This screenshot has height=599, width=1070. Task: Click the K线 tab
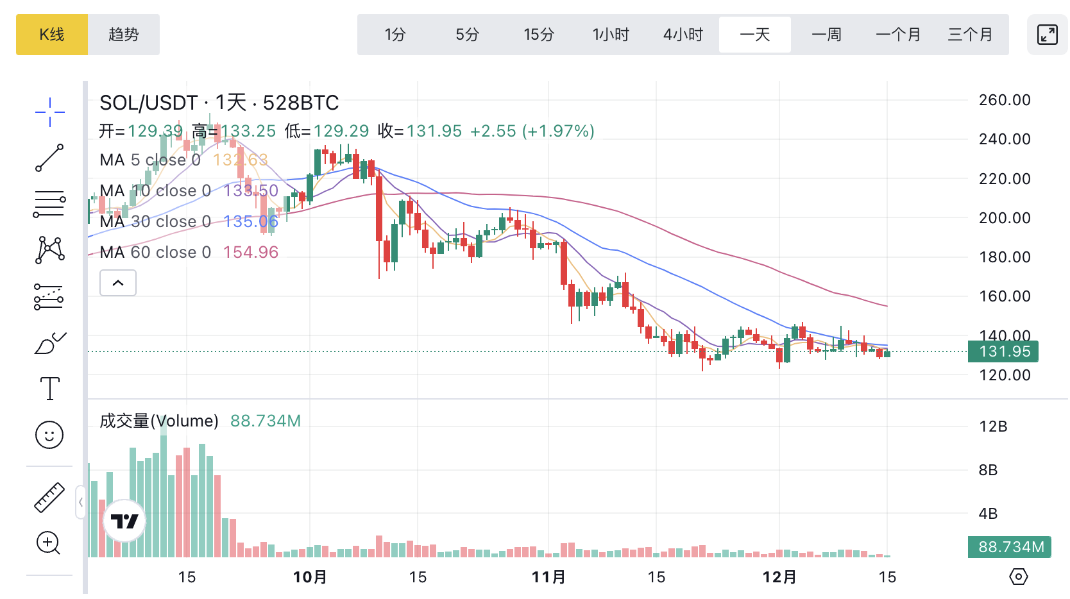[52, 35]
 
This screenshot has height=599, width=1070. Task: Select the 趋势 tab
[124, 35]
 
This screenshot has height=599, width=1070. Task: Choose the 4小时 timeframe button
[683, 35]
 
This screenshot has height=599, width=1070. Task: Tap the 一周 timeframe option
[826, 35]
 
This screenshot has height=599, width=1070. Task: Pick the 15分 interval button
[539, 35]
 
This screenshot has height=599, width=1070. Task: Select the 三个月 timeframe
[970, 35]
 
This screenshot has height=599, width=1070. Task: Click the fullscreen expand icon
[1047, 35]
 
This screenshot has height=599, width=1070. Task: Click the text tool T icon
[49, 389]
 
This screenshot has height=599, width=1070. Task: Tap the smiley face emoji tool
[49, 435]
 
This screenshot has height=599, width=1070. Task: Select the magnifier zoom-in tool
[49, 543]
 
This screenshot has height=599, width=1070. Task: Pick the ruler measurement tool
[49, 497]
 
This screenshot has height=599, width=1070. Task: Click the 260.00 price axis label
[1005, 100]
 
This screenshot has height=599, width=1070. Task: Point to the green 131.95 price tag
[1004, 351]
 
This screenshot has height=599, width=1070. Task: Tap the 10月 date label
[310, 577]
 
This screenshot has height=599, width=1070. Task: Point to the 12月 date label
[779, 577]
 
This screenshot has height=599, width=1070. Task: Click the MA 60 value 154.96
[251, 252]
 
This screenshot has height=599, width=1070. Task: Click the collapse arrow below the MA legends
[118, 283]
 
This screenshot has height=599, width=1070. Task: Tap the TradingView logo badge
[124, 521]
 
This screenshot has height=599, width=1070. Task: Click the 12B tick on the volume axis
[993, 426]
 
